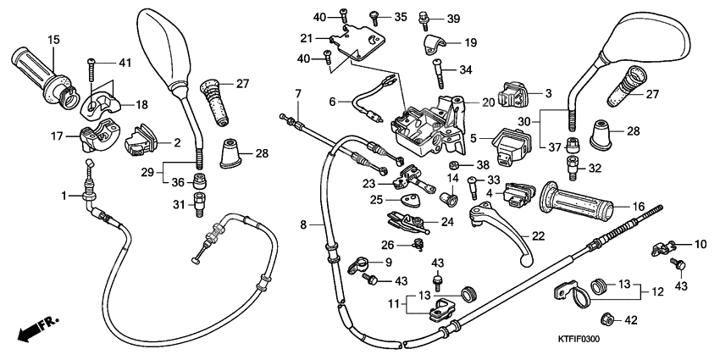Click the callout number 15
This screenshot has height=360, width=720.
tap(53, 40)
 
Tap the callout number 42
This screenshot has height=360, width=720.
tap(629, 319)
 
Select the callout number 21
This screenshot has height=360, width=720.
tap(307, 38)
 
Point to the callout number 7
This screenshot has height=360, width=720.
tap(298, 92)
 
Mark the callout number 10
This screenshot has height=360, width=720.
tap(700, 244)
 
